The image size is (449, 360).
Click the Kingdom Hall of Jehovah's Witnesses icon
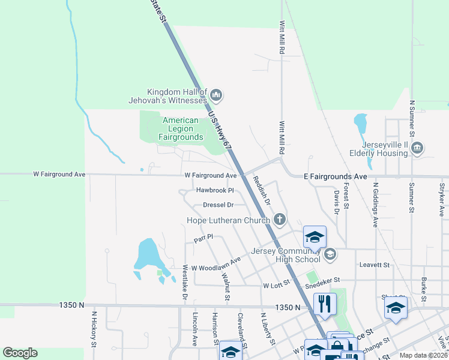click(x=217, y=94)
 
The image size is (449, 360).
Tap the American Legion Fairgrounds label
click(x=180, y=129)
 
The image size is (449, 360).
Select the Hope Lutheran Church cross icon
click(x=279, y=220)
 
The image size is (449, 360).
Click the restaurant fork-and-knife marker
click(x=325, y=304)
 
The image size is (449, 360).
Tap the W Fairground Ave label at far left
click(x=59, y=175)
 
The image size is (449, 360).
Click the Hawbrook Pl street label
click(x=214, y=191)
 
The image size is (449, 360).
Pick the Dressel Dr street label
click(x=217, y=205)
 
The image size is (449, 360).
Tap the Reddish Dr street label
click(x=262, y=191)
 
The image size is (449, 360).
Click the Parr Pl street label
click(x=203, y=239)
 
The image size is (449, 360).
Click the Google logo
click(x=20, y=353)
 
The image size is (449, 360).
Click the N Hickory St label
click(x=94, y=329)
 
